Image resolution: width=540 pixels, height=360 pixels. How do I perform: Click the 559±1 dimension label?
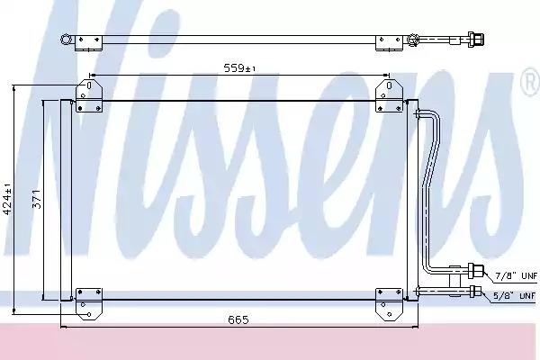[239, 67]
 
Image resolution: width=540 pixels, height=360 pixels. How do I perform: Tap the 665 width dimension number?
[238, 319]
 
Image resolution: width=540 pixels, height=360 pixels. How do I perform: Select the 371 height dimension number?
[37, 199]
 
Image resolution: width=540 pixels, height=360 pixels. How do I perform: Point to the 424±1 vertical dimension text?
[7, 199]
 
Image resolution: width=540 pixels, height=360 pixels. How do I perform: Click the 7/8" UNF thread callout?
[516, 275]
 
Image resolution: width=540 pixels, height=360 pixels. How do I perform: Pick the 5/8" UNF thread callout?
[515, 295]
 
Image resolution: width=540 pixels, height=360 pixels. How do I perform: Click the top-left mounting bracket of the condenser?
[89, 95]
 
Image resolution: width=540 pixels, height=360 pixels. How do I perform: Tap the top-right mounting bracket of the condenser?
[389, 95]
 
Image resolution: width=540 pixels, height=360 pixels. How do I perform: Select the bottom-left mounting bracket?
[89, 304]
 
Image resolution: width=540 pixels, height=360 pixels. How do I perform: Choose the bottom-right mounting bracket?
[389, 304]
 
